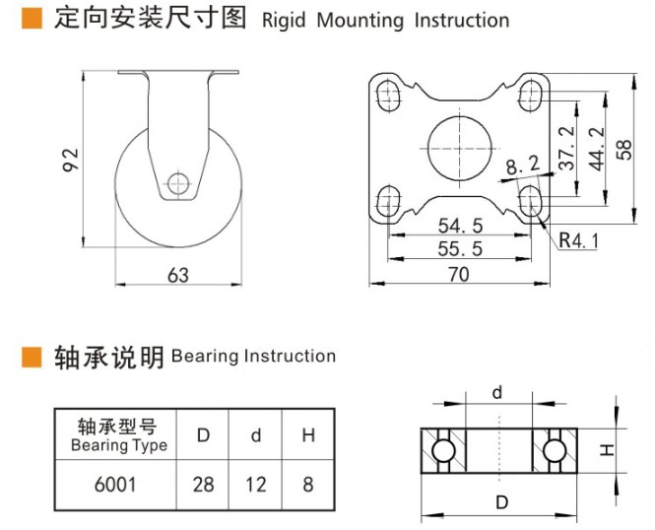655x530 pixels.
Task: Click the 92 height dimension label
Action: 70,160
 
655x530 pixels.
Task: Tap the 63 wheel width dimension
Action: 177,275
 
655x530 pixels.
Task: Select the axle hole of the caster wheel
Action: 178,182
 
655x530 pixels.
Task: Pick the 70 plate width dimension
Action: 459,275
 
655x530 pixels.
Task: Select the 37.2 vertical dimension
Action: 566,148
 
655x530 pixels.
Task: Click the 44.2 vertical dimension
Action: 595,148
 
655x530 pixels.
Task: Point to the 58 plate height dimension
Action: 624,148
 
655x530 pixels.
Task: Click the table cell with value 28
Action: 203,484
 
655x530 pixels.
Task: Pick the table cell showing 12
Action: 255,484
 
